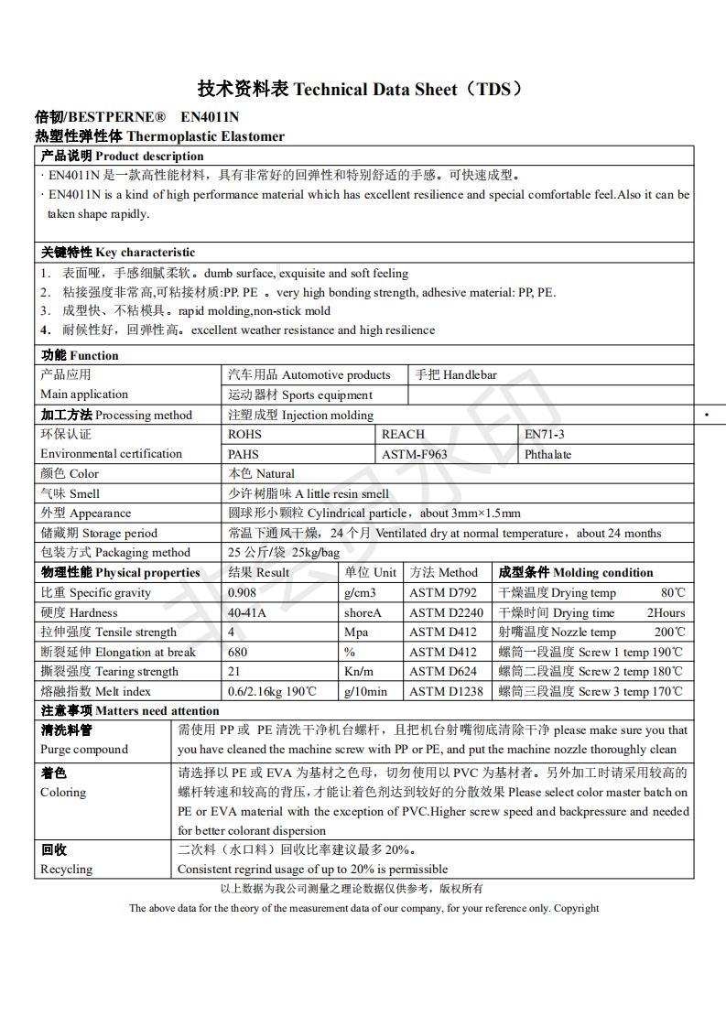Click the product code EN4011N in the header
point(210,117)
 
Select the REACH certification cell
point(403,434)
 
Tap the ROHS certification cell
point(244,434)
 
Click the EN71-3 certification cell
point(544,434)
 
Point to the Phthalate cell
point(547,454)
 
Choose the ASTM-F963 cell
point(414,454)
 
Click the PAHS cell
point(244,454)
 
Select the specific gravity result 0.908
point(243,592)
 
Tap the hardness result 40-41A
point(247,612)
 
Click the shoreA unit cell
point(362,612)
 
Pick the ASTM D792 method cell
point(443,592)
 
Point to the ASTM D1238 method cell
point(446,691)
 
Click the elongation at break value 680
point(237,652)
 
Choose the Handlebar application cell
point(456,374)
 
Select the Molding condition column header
point(575,572)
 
